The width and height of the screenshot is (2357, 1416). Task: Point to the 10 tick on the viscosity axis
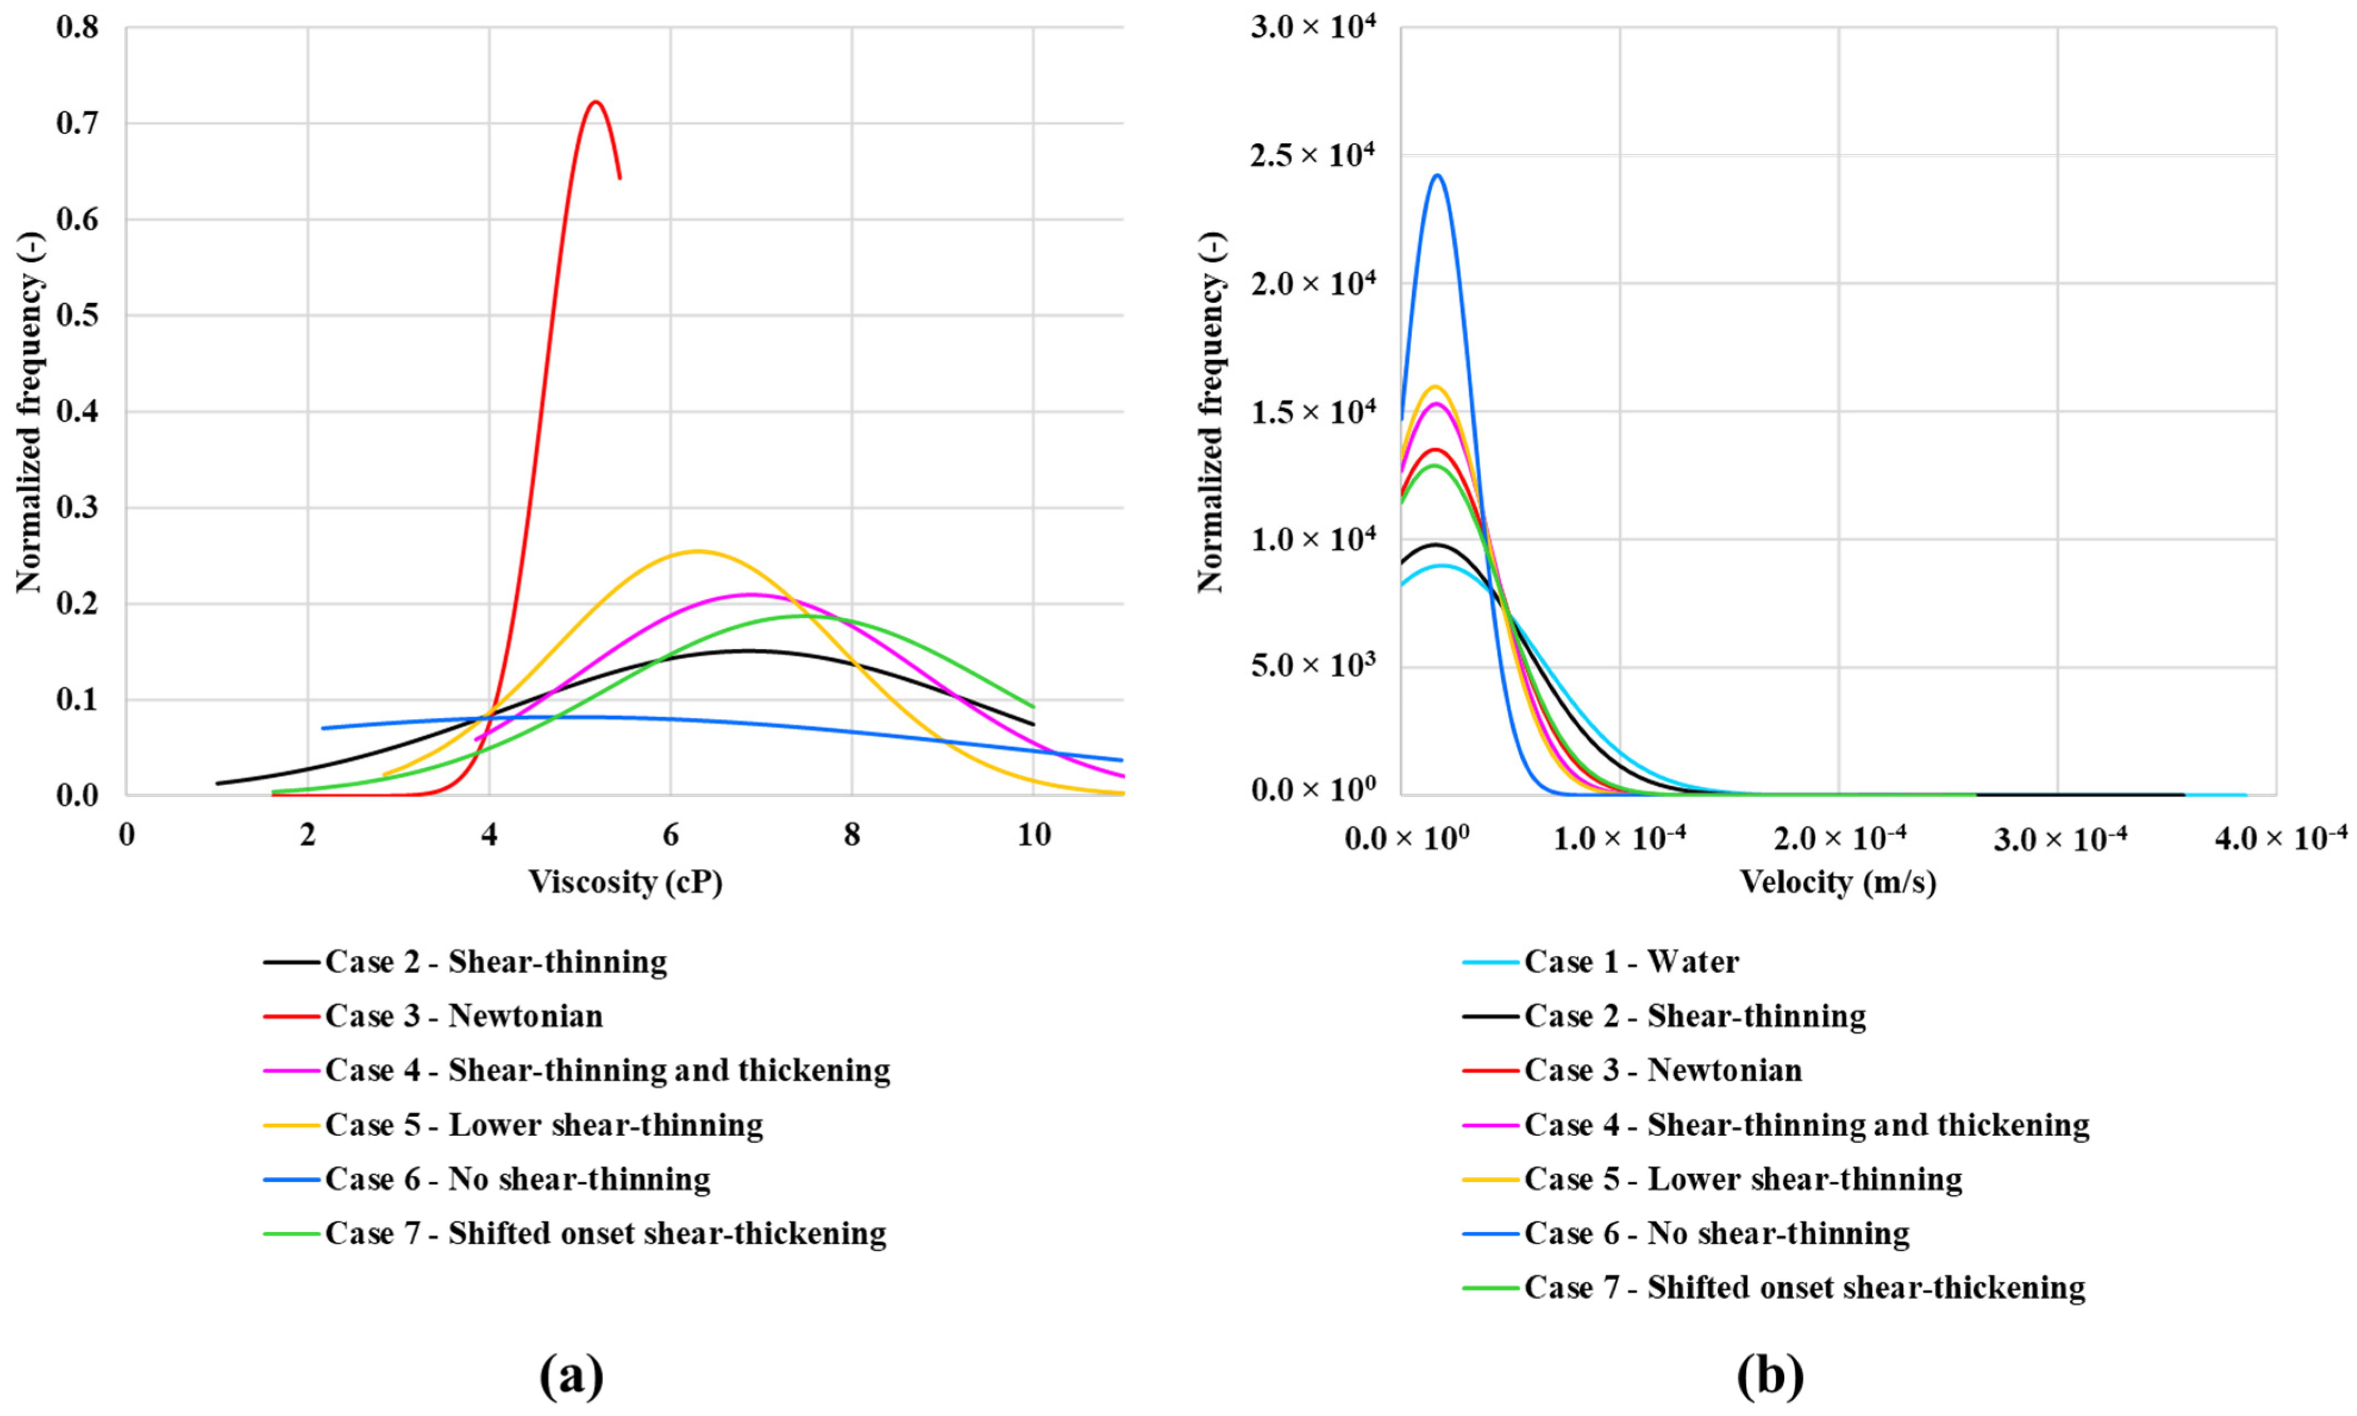click(x=1033, y=836)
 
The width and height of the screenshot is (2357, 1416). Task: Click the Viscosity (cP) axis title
click(x=625, y=882)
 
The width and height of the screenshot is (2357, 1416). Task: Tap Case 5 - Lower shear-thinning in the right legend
click(x=1743, y=1180)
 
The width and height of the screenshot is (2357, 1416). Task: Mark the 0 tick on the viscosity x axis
click(x=127, y=836)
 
